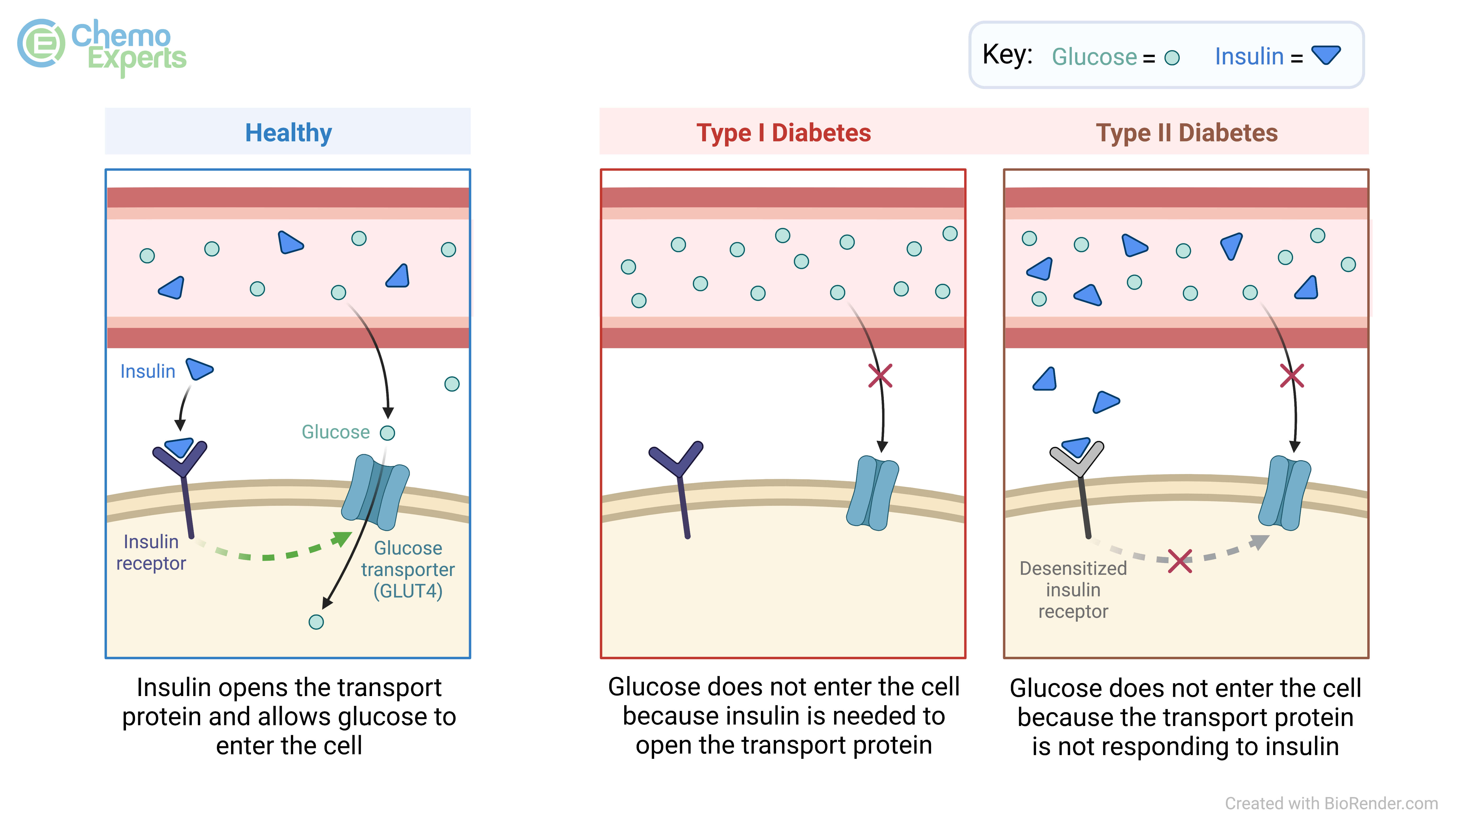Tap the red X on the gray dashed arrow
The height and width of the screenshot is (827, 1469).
click(x=1179, y=561)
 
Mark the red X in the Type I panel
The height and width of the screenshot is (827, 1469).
click(x=880, y=376)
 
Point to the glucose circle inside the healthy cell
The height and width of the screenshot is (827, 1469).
click(x=316, y=622)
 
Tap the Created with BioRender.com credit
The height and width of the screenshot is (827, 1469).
click(x=1331, y=803)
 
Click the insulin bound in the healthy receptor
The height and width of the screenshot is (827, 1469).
click(x=179, y=446)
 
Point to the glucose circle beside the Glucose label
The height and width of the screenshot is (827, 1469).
click(x=387, y=433)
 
